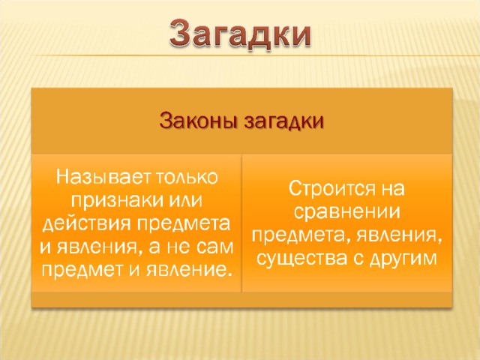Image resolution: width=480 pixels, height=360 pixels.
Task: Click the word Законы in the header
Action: tap(199, 121)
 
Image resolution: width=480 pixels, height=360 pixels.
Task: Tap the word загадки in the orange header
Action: tap(283, 121)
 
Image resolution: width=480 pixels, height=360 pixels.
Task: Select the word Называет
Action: tap(104, 177)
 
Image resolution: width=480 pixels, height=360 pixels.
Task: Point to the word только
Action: tap(187, 177)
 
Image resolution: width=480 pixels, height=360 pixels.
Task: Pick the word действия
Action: tap(86, 224)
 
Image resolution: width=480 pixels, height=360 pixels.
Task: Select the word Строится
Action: tap(331, 188)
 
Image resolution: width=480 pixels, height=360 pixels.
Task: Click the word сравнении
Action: tap(346, 211)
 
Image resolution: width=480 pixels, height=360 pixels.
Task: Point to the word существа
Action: tap(301, 259)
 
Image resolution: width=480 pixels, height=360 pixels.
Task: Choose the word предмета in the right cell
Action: tap(298, 235)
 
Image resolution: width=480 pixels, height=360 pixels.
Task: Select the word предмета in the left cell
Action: tap(183, 224)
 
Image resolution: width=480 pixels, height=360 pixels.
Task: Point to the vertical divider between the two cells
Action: tap(241, 223)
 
